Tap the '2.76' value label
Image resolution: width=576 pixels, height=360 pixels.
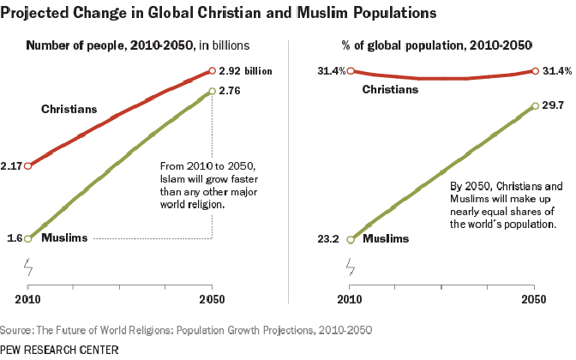[x=230, y=90]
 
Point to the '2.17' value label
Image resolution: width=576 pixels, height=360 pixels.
[x=12, y=165]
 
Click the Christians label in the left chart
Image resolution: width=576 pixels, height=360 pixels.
[x=69, y=109]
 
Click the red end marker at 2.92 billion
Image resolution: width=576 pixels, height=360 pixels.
[x=212, y=71]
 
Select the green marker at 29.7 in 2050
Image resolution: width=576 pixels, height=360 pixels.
[x=535, y=106]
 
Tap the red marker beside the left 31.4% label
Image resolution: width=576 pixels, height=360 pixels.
[x=351, y=71]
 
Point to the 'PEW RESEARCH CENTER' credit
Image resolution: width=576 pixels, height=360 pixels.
[x=59, y=350]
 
